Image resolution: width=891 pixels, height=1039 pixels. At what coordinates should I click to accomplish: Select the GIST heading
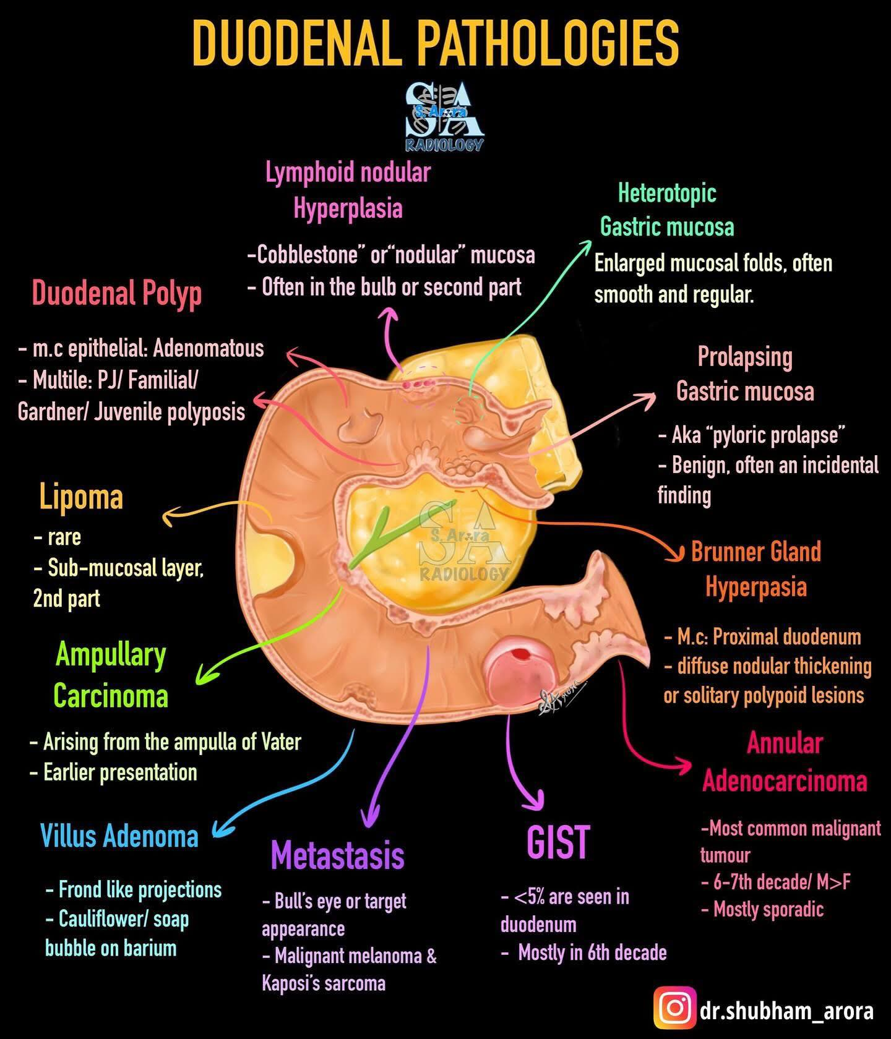(x=558, y=842)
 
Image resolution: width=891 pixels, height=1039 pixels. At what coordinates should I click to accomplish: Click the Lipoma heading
(x=81, y=497)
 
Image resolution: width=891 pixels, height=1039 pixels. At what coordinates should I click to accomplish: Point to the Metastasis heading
(x=338, y=855)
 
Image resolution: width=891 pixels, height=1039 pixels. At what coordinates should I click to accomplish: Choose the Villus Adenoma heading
(x=119, y=836)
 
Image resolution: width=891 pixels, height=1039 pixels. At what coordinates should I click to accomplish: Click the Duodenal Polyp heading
(x=117, y=293)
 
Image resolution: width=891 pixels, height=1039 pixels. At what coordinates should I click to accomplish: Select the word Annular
(x=785, y=743)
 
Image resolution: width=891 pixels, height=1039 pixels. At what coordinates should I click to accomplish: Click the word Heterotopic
(x=667, y=194)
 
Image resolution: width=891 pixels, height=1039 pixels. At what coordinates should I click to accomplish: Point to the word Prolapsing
(x=745, y=357)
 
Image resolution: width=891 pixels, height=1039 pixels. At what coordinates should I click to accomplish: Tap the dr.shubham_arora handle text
(x=787, y=1011)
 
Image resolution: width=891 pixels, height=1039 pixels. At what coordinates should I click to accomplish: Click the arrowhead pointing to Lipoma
(x=169, y=513)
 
